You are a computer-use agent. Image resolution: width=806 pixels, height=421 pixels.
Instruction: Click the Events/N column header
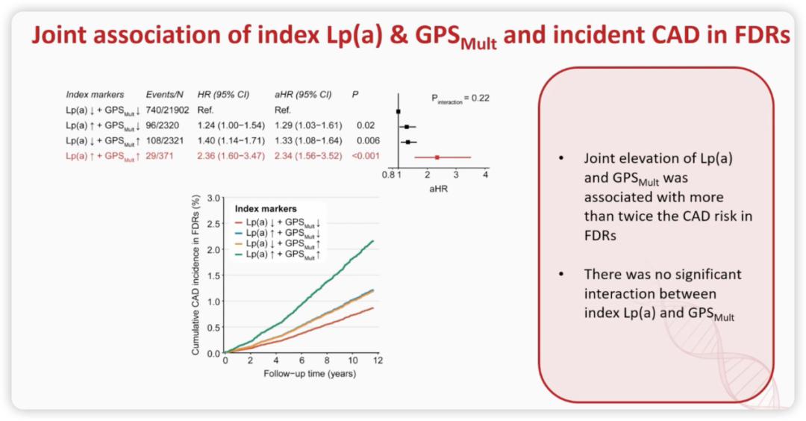click(x=164, y=95)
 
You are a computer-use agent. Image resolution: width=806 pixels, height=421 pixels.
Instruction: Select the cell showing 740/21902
click(x=167, y=110)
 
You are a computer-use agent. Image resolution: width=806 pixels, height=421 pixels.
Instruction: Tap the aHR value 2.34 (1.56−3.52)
click(x=308, y=156)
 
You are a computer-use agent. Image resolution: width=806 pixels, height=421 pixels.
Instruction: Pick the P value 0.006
click(x=368, y=140)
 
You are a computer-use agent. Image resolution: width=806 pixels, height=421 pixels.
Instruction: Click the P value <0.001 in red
click(x=366, y=156)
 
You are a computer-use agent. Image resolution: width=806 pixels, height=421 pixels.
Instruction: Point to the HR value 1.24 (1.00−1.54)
click(x=231, y=125)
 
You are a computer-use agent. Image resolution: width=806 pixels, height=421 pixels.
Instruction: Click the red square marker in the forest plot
click(x=437, y=158)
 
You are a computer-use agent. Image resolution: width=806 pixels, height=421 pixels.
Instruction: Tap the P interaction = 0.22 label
click(x=460, y=99)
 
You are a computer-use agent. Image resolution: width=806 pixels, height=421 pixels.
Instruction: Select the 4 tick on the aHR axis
click(x=485, y=175)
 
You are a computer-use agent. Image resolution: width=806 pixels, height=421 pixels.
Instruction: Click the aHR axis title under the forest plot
click(x=439, y=189)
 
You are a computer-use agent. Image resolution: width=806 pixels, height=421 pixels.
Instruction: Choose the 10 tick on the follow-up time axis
click(x=352, y=361)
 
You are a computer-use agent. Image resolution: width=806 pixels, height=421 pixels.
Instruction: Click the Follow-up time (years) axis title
click(x=310, y=374)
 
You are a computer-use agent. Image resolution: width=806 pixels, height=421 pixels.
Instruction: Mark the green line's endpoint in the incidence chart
click(x=373, y=240)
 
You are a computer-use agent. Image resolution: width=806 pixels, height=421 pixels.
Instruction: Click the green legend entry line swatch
click(x=239, y=254)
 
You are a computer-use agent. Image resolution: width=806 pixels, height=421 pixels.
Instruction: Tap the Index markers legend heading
click(x=266, y=209)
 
